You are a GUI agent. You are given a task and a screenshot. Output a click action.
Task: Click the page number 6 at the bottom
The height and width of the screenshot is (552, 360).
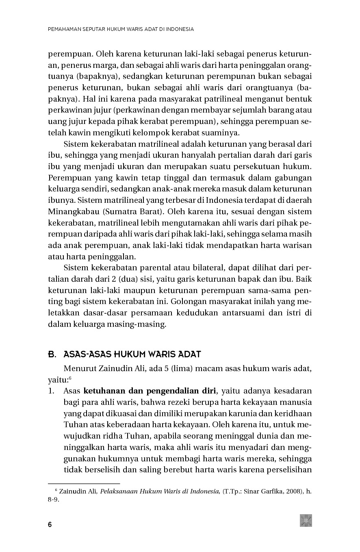click(x=50, y=524)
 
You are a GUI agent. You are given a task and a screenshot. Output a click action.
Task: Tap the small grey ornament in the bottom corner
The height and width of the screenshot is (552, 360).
click(x=306, y=520)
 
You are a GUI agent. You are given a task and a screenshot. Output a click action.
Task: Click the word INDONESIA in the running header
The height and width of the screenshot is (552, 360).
click(x=180, y=29)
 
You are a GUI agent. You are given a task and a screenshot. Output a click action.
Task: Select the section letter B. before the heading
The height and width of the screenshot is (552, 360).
click(x=52, y=354)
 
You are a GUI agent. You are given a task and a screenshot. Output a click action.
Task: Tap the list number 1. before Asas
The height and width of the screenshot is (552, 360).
click(x=52, y=391)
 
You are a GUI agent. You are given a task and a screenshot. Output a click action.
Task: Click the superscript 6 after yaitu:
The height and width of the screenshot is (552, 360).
click(x=70, y=378)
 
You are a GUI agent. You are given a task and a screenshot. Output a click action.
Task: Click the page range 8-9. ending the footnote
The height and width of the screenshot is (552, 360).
click(x=54, y=500)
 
